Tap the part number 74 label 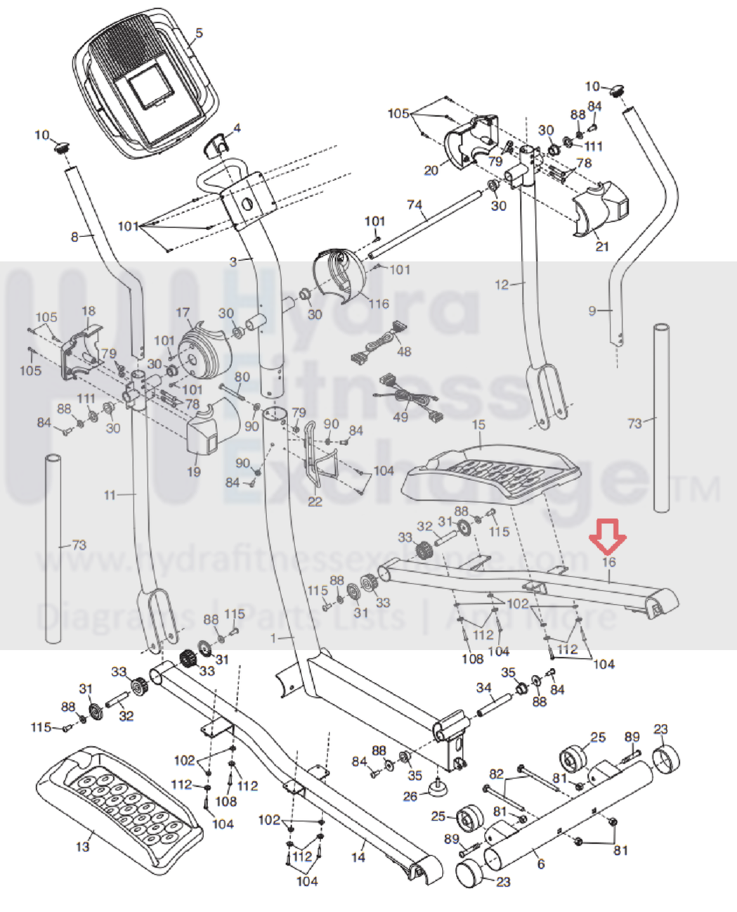[x=415, y=205]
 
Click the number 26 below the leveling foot [x=410, y=796]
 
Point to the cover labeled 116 [x=341, y=274]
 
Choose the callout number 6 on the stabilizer [x=540, y=864]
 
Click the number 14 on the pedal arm [x=358, y=857]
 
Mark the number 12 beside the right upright [x=502, y=285]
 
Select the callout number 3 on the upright [x=234, y=262]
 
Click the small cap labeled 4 [x=218, y=144]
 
